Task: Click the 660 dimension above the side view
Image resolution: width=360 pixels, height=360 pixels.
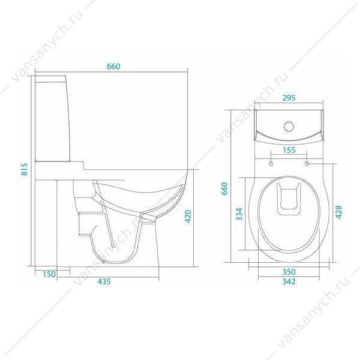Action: pyautogui.click(x=113, y=67)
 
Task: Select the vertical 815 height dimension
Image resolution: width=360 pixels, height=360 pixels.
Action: pyautogui.click(x=24, y=169)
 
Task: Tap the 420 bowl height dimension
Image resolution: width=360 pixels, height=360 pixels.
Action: pyautogui.click(x=188, y=216)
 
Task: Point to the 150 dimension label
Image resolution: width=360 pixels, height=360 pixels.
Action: pyautogui.click(x=49, y=274)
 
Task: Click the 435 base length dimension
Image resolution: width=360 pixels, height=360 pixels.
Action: pyautogui.click(x=104, y=281)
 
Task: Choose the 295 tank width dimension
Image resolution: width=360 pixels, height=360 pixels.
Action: pyautogui.click(x=289, y=98)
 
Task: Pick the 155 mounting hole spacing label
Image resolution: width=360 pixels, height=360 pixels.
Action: pyautogui.click(x=289, y=150)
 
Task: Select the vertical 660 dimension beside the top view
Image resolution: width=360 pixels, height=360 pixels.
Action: pyautogui.click(x=224, y=188)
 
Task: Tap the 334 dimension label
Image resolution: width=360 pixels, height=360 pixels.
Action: pyautogui.click(x=239, y=214)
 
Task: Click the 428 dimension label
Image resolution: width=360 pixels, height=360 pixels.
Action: pyautogui.click(x=338, y=212)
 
